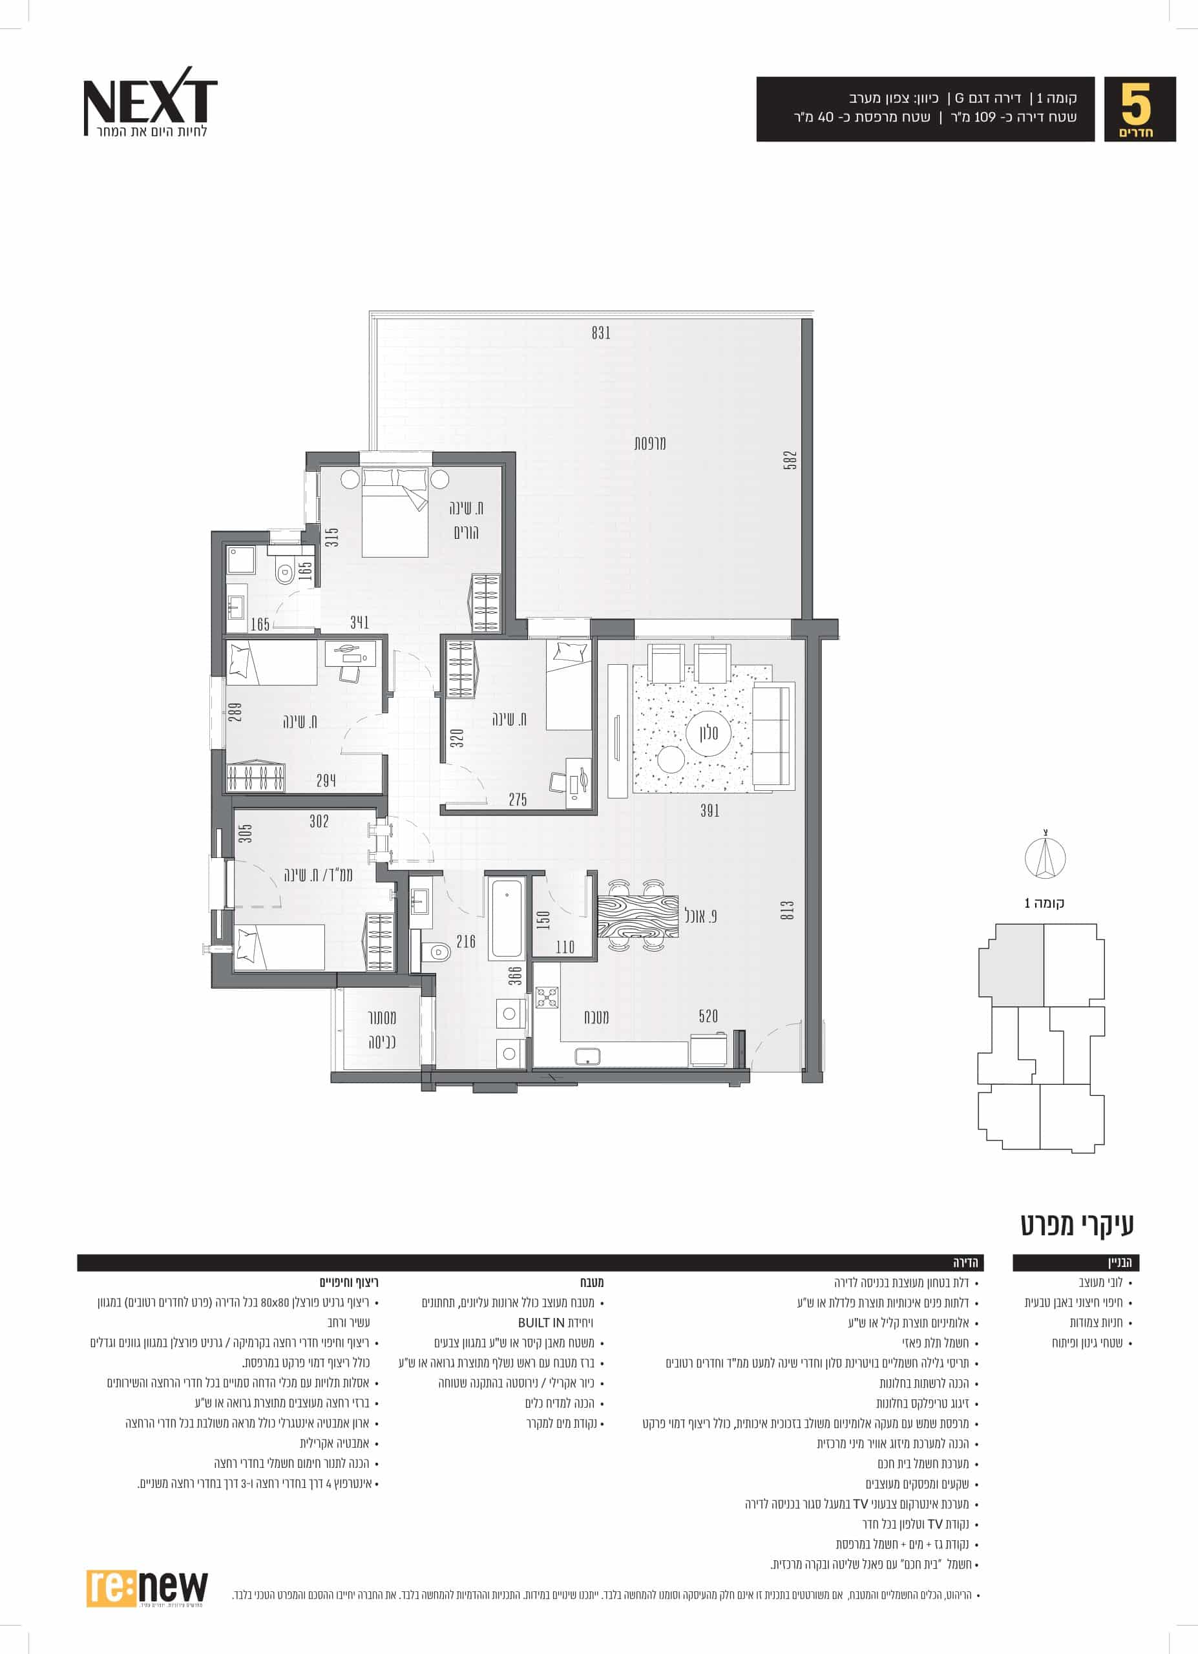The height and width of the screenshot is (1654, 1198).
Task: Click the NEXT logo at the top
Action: point(149,101)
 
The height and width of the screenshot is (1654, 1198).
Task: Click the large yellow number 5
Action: point(1135,104)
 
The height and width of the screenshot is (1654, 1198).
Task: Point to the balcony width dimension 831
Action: point(601,333)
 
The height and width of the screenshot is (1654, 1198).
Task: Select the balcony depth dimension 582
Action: point(790,460)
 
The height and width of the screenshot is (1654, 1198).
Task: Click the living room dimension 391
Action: point(709,810)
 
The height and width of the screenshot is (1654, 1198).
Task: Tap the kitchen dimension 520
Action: point(708,1016)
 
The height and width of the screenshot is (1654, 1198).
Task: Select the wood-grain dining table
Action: point(637,917)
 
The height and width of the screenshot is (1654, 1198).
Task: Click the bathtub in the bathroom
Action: point(507,919)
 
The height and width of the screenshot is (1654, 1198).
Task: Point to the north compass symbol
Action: point(1045,859)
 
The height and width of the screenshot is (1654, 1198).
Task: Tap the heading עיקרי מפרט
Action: point(1077,1225)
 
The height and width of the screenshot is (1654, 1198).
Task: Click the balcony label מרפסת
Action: point(649,443)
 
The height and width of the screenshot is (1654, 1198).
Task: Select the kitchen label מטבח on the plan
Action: point(596,1016)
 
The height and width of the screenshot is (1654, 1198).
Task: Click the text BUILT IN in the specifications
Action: point(541,1322)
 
